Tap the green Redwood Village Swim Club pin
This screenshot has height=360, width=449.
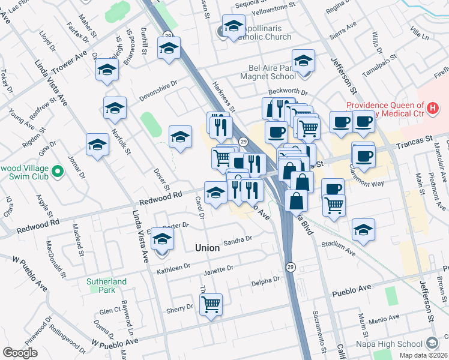[58, 172]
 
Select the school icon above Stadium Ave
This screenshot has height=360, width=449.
[363, 229]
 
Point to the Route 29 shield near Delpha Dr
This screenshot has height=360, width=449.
[291, 267]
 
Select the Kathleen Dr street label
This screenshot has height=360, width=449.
[173, 268]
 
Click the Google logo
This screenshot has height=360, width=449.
[20, 353]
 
